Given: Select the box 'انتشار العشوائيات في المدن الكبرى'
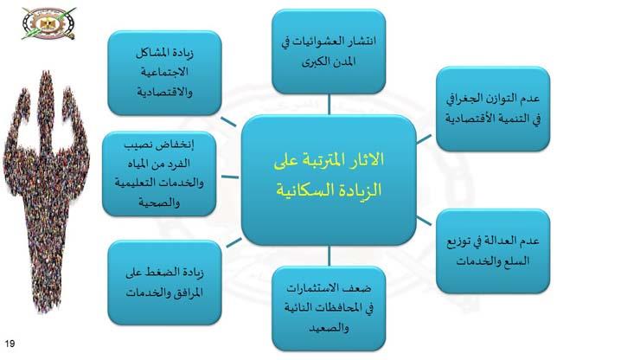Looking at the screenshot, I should (x=329, y=52).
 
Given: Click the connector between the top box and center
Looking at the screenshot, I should (x=329, y=104).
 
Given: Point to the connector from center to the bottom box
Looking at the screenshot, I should (x=329, y=255).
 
